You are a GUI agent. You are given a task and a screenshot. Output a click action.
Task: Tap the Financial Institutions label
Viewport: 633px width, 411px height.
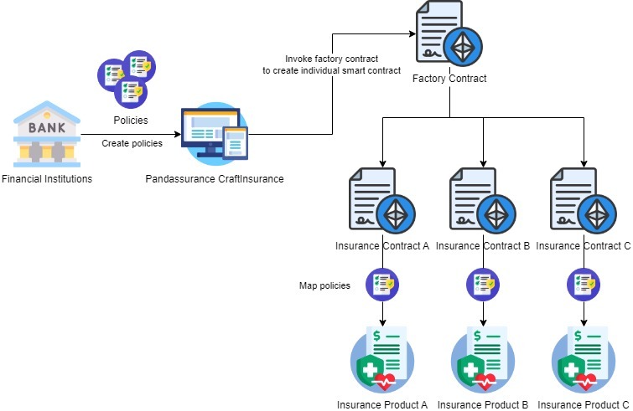click(47, 179)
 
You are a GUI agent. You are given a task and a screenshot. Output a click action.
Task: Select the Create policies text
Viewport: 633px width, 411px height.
click(132, 143)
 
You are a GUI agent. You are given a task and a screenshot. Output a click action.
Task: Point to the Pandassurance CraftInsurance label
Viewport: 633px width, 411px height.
click(215, 179)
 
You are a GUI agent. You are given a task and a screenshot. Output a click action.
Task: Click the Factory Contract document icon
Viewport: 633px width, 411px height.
click(449, 37)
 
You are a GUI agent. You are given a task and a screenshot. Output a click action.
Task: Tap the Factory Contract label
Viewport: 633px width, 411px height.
click(449, 79)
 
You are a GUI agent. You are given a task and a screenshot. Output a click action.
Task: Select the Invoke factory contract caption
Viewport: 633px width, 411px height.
click(331, 64)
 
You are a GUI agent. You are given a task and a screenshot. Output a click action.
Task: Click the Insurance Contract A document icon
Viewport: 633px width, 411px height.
click(382, 203)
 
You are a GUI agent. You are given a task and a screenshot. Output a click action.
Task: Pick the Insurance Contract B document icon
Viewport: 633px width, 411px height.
click(483, 203)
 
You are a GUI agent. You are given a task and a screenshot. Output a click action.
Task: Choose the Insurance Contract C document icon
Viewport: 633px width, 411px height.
click(584, 203)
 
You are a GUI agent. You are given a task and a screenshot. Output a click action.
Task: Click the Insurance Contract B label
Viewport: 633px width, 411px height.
click(483, 246)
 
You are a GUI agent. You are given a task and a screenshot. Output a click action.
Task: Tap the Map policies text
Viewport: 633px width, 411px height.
click(324, 285)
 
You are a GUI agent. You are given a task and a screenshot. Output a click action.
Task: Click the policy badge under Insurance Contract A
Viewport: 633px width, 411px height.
click(382, 284)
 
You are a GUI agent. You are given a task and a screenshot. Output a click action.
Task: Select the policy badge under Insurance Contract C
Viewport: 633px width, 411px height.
click(584, 284)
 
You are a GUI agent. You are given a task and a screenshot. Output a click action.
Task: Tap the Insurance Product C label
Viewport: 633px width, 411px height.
click(584, 404)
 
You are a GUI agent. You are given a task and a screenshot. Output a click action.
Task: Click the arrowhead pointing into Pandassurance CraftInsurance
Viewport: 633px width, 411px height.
click(178, 134)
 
